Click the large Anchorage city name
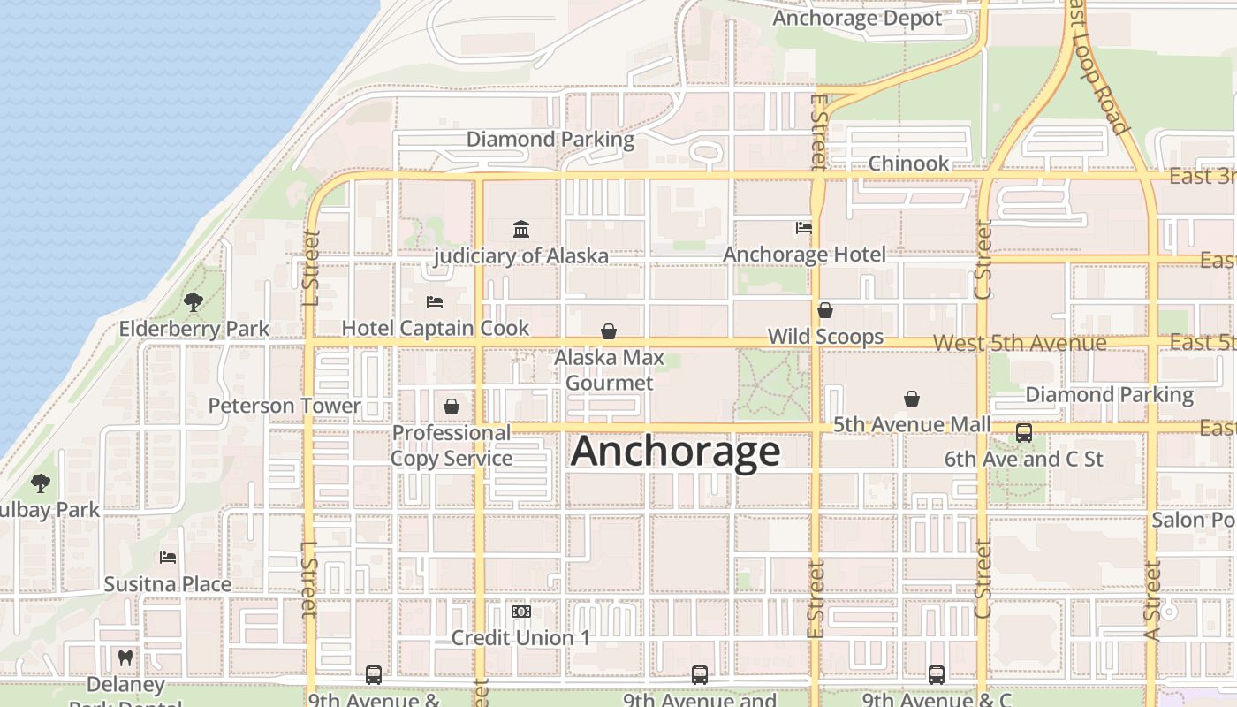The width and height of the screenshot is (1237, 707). click(676, 452)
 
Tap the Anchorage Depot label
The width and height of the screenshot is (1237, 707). click(857, 18)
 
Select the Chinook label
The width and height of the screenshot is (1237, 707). click(908, 163)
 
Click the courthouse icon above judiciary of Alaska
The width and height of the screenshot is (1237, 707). click(521, 230)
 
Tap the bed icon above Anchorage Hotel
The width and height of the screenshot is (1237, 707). click(804, 228)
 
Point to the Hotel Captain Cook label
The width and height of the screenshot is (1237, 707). click(436, 328)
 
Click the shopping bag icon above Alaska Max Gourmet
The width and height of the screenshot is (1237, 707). click(609, 332)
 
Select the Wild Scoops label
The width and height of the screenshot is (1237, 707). click(825, 337)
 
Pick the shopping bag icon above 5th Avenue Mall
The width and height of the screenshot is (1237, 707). click(912, 399)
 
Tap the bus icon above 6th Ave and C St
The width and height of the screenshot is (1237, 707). click(1024, 433)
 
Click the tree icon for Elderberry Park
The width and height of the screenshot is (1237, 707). click(194, 302)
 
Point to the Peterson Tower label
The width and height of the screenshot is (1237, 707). click(285, 406)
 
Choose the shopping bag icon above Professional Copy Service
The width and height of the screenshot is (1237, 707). click(452, 407)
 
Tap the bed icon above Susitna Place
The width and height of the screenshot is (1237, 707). click(168, 558)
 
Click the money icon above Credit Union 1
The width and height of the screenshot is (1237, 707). click(520, 612)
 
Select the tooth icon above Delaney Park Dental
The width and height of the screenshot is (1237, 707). click(125, 658)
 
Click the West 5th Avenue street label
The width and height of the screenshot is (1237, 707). click(1019, 343)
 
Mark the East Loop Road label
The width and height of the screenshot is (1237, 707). click(1097, 66)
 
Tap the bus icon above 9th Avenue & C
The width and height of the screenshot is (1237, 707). click(937, 675)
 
